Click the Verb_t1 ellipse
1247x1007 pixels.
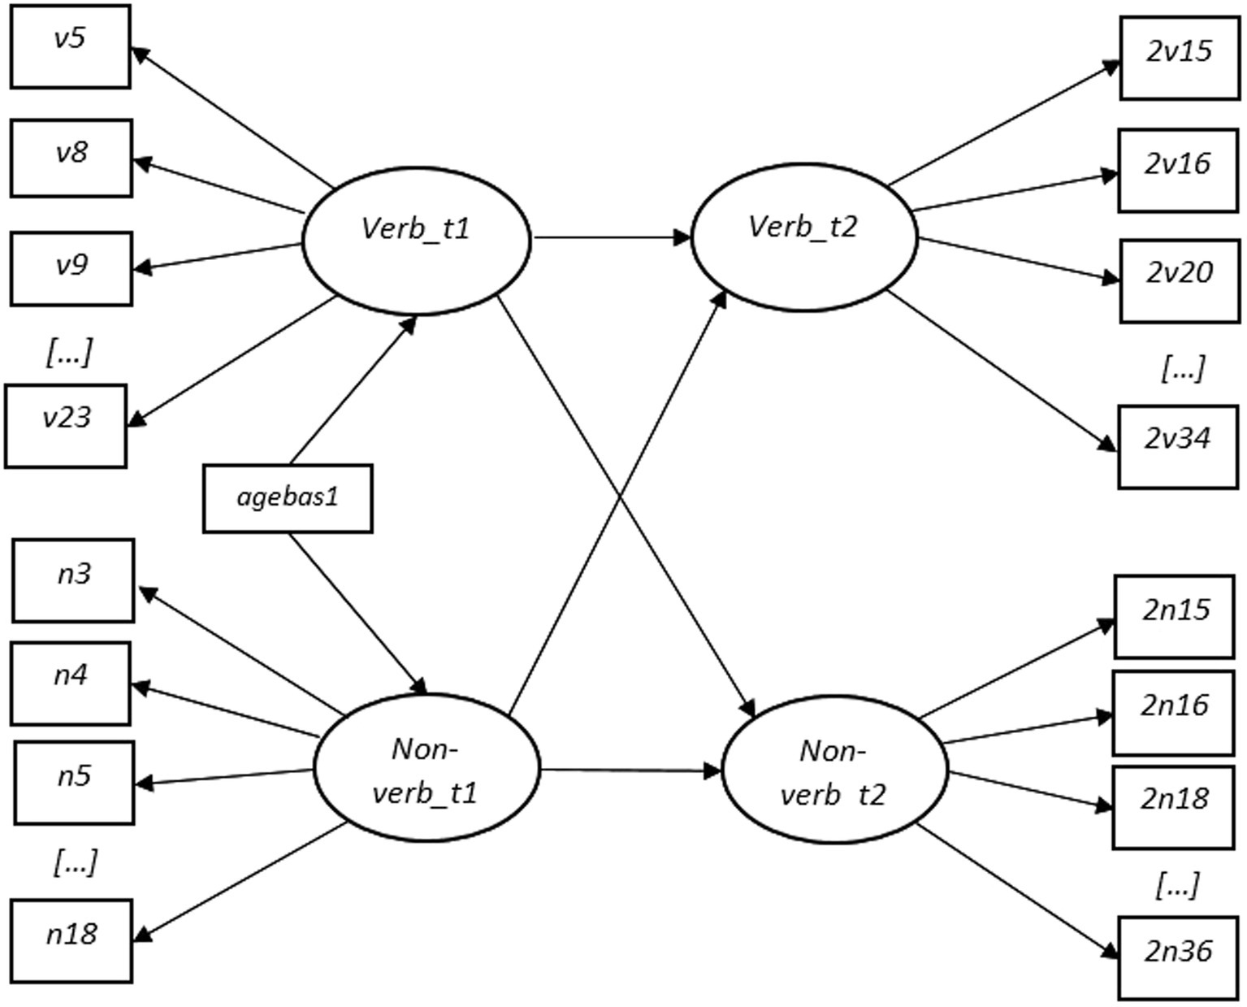tap(416, 241)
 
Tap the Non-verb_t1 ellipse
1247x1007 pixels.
tap(426, 769)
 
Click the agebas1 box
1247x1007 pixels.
tap(287, 498)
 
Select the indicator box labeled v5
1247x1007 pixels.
tap(70, 46)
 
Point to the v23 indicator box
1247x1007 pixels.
tap(66, 427)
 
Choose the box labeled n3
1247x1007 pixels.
tap(73, 580)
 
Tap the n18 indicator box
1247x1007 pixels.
tap(71, 941)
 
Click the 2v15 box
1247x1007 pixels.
tap(1180, 59)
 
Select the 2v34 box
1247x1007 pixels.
tap(1178, 446)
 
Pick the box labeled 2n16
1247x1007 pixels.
tap(1173, 713)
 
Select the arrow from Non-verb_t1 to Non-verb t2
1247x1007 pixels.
tap(630, 770)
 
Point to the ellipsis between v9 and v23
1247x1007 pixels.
tap(69, 353)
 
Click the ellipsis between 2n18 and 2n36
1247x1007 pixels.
tap(1176, 884)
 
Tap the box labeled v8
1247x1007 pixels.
tap(71, 158)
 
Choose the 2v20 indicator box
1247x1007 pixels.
tap(1180, 280)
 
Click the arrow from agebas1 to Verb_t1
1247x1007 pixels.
tap(352, 389)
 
